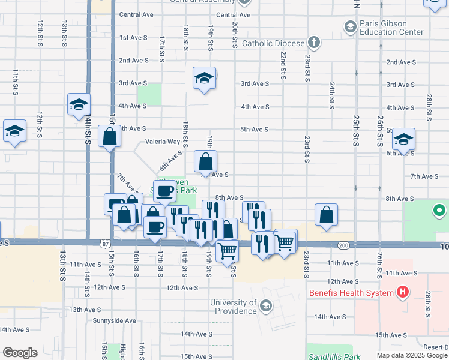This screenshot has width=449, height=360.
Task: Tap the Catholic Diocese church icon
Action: click(x=313, y=43)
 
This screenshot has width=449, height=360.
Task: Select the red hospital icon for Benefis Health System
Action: click(x=403, y=293)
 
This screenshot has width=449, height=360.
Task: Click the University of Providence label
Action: click(x=234, y=307)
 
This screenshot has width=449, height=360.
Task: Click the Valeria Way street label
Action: click(x=163, y=142)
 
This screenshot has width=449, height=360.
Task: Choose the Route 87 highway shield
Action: click(x=106, y=243)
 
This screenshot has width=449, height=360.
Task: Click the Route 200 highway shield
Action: click(x=343, y=245)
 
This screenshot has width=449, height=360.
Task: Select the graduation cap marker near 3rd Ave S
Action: click(x=204, y=78)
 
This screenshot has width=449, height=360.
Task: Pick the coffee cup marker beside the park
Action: click(x=164, y=191)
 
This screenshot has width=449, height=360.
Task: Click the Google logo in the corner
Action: click(x=20, y=353)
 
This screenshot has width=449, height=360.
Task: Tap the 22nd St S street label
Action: click(x=282, y=65)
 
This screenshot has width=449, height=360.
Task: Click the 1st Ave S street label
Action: click(x=133, y=37)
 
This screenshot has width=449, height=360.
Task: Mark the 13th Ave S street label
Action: click(x=83, y=310)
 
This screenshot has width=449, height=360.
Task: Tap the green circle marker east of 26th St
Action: click(x=439, y=211)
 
